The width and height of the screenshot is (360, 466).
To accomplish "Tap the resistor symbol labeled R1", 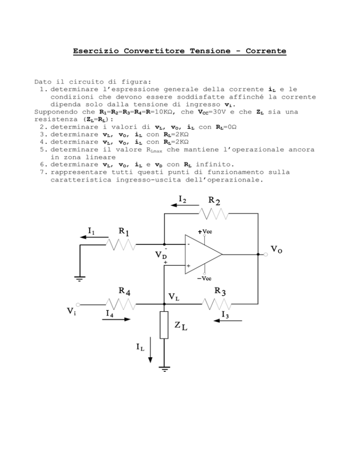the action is pos(120,245).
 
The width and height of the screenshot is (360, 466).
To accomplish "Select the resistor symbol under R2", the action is pos(214,213).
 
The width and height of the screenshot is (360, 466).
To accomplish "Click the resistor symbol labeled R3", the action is pos(217,304).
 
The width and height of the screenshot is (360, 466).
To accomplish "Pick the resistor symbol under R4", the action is pos(120,304).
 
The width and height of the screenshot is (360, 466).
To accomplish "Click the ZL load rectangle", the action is pos(164,325).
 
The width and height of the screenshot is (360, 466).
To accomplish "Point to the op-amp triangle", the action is pos(203,255).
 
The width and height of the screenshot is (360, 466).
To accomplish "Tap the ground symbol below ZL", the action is pos(165,369).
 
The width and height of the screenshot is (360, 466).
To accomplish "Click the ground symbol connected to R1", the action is pos(80,279).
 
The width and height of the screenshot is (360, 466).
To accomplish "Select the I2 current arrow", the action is pos(185,205).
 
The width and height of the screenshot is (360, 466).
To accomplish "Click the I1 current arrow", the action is pos(94,237).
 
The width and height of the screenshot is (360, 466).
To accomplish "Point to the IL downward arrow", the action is pos(150,350).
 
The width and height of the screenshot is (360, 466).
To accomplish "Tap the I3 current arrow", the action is pos(228,321).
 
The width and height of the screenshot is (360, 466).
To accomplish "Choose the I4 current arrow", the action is pos(116,319).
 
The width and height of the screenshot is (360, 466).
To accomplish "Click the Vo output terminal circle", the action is pos(266,255).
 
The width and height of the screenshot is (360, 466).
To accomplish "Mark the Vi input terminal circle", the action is pos(78,304).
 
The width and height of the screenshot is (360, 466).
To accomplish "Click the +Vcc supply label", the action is pos(205,232).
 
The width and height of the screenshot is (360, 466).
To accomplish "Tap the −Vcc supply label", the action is pos(204,278).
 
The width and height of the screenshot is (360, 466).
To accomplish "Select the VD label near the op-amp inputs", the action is pos(161,255).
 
